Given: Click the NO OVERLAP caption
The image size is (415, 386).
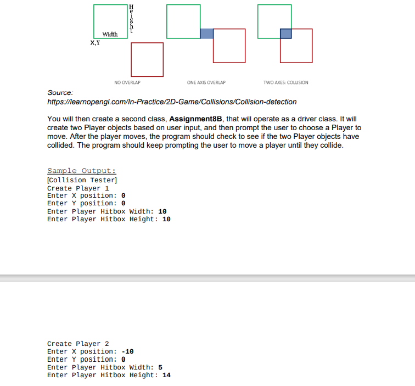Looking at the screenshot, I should (127, 82).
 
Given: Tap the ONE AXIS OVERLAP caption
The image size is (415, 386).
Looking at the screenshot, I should (206, 82).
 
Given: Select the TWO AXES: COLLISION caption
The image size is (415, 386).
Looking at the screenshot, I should (285, 82).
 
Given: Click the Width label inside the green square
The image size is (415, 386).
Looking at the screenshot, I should (110, 34).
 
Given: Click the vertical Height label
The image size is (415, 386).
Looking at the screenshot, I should (131, 20).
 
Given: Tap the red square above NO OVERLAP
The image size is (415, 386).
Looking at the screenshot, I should (147, 59).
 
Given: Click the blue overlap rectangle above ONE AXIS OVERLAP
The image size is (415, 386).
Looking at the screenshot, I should (206, 33).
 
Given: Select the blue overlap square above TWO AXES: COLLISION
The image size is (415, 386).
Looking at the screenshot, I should (285, 33).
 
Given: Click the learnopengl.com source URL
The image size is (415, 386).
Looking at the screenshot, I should (172, 102).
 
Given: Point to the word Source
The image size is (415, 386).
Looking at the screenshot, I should (60, 93).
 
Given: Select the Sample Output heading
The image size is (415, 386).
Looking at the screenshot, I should (81, 171).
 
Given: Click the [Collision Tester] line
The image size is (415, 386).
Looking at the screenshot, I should (82, 180).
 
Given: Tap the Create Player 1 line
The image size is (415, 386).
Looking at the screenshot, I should (78, 188).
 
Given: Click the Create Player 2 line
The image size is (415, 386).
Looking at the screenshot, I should (78, 344).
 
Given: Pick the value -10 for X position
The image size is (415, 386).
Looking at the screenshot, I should (127, 351).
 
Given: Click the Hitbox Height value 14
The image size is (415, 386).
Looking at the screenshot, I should (166, 375).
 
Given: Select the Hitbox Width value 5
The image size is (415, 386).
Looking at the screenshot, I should (160, 367).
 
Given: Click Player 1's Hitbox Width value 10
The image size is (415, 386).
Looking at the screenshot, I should (162, 211).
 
